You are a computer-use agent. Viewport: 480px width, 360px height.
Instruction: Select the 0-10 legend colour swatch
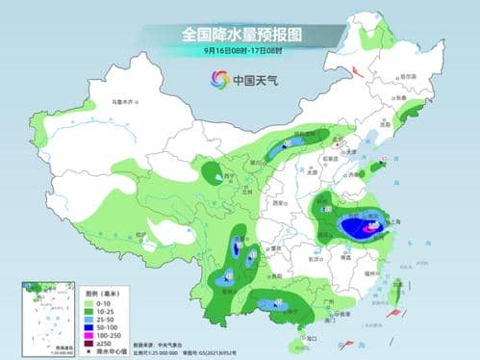(x=91, y=291)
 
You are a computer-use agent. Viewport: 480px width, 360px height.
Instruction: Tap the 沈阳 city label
(x=384, y=124)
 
